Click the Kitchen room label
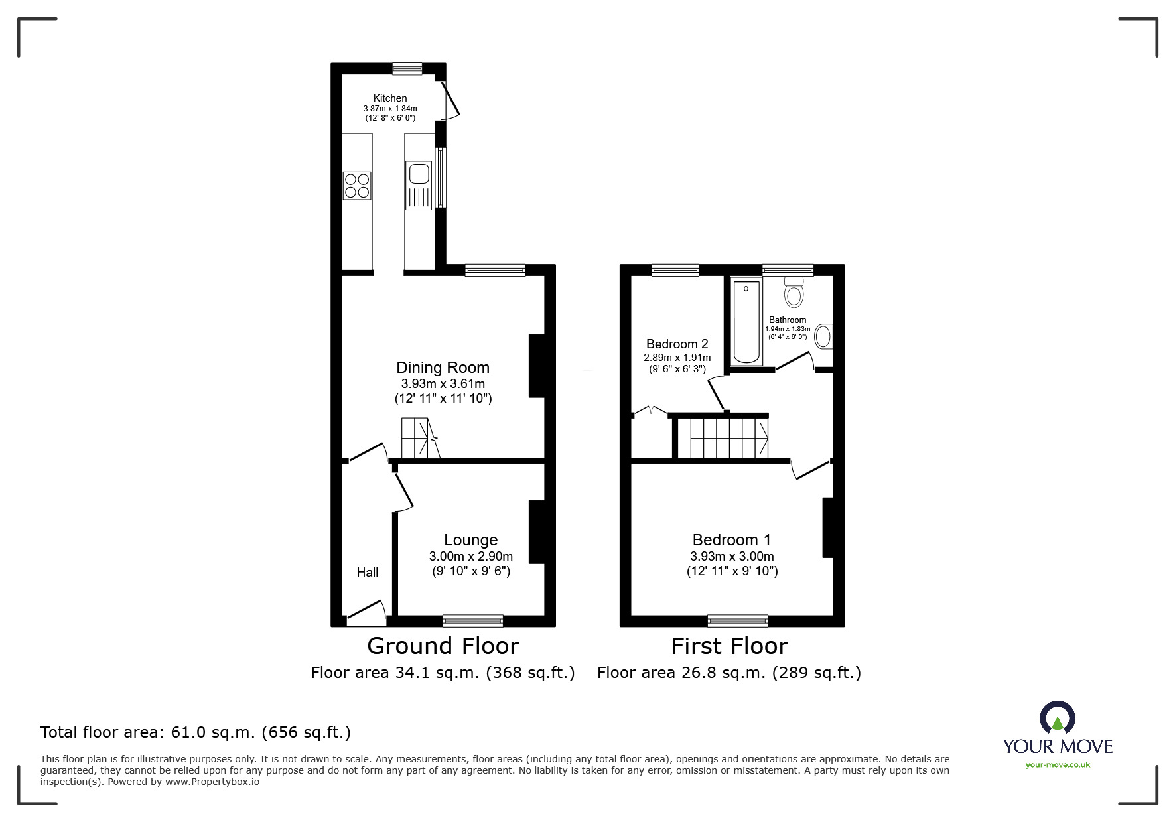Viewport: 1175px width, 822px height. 390,98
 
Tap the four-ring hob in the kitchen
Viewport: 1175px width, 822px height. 357,186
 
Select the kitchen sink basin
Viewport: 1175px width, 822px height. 419,174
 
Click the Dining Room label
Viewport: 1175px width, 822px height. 443,368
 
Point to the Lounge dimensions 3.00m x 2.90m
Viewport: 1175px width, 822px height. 471,556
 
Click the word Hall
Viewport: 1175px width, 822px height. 368,572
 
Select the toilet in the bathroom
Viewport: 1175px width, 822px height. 794,291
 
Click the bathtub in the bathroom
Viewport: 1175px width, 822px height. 746,321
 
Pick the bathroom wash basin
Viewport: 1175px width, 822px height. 824,336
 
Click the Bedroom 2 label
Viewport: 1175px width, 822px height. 677,344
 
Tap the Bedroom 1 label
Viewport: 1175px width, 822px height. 732,540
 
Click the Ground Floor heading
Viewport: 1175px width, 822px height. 443,646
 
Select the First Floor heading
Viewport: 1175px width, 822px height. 729,646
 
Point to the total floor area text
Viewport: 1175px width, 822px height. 196,732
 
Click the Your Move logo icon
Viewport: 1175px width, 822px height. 1057,717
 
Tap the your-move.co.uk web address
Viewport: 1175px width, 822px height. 1058,764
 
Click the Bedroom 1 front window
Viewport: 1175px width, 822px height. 738,621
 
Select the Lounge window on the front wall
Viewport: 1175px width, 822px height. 473,621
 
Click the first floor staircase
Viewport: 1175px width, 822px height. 729,437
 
